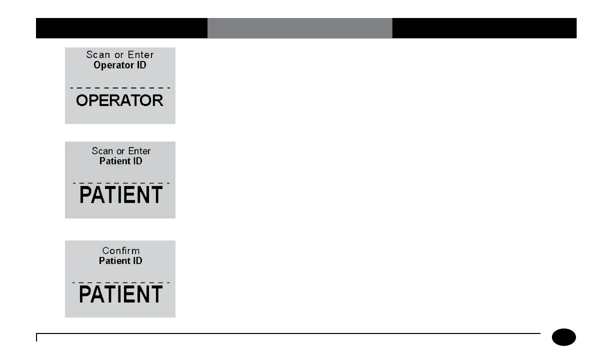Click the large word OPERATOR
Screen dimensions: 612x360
click(x=119, y=100)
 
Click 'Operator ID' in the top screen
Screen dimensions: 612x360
click(x=120, y=65)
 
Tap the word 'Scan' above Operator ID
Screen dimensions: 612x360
click(x=98, y=55)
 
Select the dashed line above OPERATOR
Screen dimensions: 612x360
click(x=120, y=88)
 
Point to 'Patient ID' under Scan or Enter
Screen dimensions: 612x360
click(x=120, y=161)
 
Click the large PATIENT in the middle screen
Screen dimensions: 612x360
click(x=121, y=195)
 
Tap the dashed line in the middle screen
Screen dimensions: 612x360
click(x=121, y=183)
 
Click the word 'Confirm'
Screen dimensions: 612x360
click(x=121, y=250)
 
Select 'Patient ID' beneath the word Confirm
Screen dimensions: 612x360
click(x=120, y=260)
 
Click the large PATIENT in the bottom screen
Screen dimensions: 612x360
click(x=121, y=294)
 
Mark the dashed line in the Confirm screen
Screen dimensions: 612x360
click(x=121, y=282)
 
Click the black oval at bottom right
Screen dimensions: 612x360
click(x=564, y=337)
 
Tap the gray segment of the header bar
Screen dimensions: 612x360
click(x=299, y=28)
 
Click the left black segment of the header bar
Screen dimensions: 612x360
click(x=121, y=28)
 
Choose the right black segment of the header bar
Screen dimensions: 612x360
click(x=484, y=28)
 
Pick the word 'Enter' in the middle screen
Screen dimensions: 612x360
click(x=139, y=151)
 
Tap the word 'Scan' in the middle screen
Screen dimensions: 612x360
click(x=102, y=151)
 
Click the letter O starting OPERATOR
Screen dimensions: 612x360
click(x=82, y=100)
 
